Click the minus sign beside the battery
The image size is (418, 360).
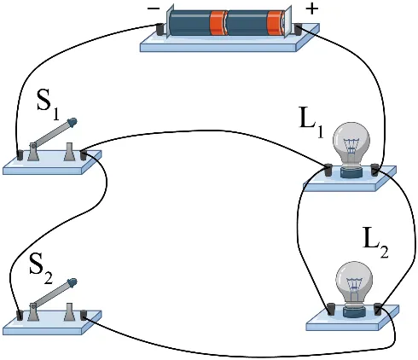[154, 9]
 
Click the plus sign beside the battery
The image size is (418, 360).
[311, 9]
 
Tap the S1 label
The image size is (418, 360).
[49, 105]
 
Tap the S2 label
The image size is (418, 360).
[41, 269]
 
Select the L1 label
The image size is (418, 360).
[312, 123]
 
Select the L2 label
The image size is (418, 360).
[376, 242]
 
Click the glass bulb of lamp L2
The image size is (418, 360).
[354, 284]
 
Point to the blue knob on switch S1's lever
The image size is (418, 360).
[73, 122]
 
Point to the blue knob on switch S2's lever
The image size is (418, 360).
[73, 282]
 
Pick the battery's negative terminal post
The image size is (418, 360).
[161, 29]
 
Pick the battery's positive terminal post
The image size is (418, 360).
[298, 30]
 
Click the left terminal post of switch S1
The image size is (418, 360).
[20, 155]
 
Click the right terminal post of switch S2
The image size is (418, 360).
[84, 315]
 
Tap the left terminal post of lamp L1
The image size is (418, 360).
[328, 170]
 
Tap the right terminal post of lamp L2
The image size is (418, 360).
[377, 309]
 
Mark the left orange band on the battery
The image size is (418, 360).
[218, 23]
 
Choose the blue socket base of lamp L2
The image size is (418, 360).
[354, 312]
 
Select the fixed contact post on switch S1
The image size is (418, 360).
[69, 152]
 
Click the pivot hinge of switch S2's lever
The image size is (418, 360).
[33, 307]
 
